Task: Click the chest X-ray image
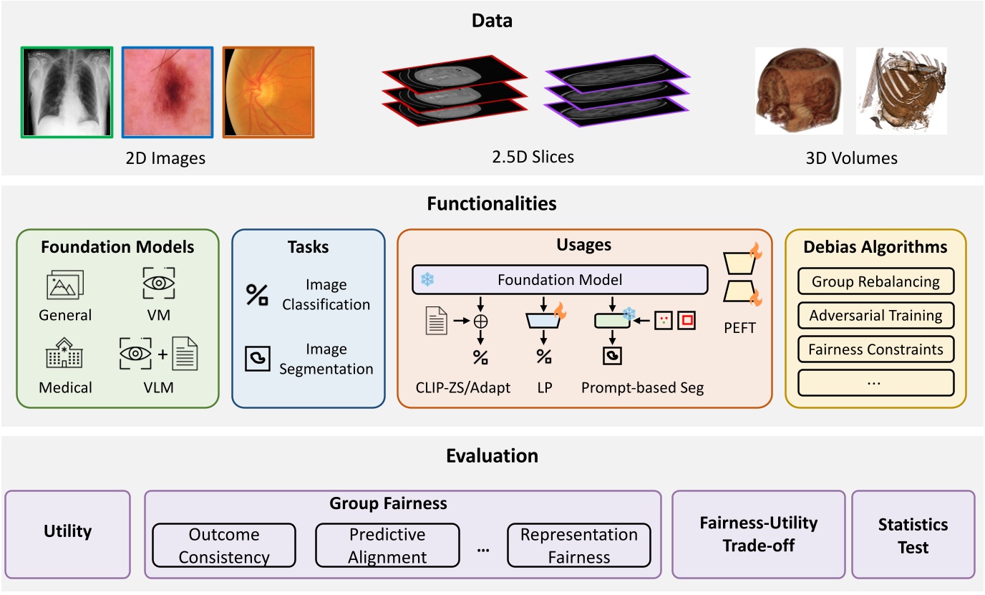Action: tap(67, 92)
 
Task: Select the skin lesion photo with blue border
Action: tap(168, 92)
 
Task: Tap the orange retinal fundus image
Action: tap(268, 92)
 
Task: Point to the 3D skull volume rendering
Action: tap(798, 91)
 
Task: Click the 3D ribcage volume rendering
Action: tap(901, 91)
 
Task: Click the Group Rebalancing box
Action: tap(875, 281)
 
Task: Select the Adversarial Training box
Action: tap(875, 315)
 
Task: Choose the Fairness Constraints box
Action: tap(875, 349)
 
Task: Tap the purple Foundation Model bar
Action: tap(559, 280)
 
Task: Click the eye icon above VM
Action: tap(155, 282)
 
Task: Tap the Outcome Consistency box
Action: tap(224, 546)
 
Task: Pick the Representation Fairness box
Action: tap(578, 546)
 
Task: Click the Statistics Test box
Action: tap(913, 535)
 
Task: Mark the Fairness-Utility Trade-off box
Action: tap(758, 534)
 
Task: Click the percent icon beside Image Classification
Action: tap(257, 295)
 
